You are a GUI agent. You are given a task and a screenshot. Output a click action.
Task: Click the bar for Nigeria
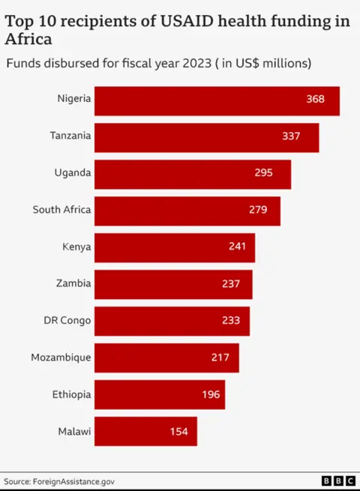217,100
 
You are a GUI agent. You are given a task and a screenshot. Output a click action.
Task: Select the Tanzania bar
206,137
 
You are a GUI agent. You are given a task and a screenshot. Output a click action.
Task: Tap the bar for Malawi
145,431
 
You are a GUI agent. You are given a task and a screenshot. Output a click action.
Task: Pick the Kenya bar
175,247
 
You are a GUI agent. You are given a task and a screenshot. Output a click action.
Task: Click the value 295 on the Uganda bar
263,173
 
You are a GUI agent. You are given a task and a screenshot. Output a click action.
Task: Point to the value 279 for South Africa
258,210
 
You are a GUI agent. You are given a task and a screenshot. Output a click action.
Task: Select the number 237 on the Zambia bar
231,283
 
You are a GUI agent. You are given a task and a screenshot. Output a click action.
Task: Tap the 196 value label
211,394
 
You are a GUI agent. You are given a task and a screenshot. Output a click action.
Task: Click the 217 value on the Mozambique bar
220,358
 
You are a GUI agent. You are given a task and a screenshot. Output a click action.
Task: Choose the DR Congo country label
67,321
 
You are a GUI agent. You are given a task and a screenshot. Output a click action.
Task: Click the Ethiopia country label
72,394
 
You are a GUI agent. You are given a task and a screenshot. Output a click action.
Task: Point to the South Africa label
61,210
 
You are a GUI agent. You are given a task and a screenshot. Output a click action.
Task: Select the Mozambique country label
61,358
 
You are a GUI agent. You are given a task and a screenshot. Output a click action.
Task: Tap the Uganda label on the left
73,173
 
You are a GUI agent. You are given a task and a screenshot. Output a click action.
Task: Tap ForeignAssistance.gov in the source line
73,481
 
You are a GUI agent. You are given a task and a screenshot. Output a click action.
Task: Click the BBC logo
338,481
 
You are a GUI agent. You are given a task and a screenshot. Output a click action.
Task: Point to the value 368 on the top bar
315,100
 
